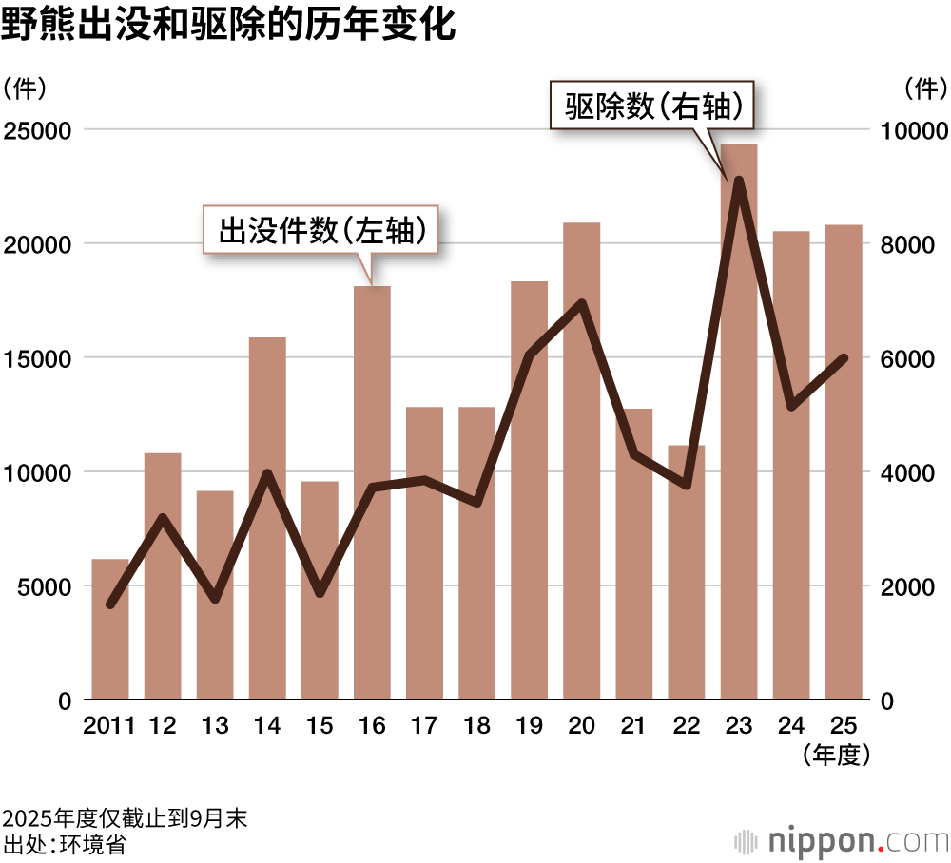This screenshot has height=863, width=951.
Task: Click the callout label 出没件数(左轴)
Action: [x=321, y=229]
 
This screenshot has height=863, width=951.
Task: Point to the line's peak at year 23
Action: [x=739, y=180]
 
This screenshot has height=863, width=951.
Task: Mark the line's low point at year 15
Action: [x=320, y=594]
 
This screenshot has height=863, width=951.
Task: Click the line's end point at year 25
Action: [x=844, y=358]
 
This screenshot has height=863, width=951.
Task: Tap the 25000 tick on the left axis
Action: [x=38, y=130]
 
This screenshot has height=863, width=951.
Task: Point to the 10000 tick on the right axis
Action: [x=914, y=130]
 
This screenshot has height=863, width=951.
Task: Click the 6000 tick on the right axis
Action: [x=909, y=358]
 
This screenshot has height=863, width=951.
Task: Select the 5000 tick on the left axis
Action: [x=44, y=586]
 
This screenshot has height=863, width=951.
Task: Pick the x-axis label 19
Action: [x=529, y=726]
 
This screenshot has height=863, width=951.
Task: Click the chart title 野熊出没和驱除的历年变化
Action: [x=228, y=26]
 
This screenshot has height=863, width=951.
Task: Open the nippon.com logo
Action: [x=841, y=841]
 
